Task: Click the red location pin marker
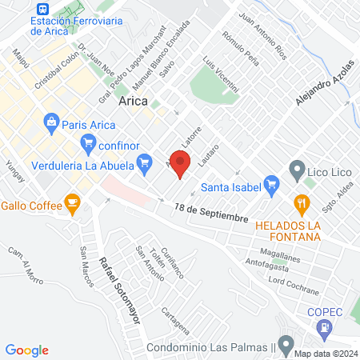(x=180, y=162)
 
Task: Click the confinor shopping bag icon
(x=89, y=145)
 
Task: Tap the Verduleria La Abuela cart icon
(x=145, y=166)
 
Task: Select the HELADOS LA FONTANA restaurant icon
(x=302, y=203)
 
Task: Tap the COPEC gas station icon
(x=324, y=326)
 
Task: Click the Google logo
(x=26, y=350)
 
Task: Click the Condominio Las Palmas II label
(x=211, y=348)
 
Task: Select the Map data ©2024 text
(x=325, y=354)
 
